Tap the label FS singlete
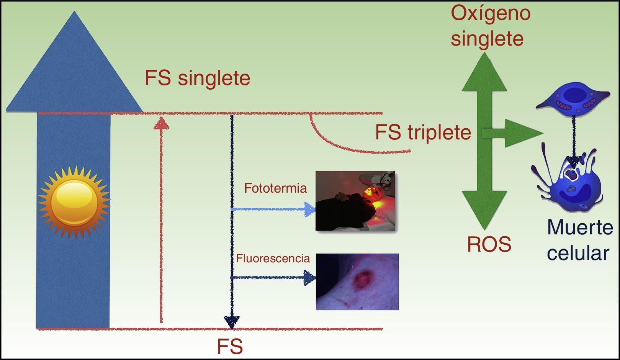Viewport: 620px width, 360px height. point(197,78)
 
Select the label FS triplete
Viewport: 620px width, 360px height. point(423,133)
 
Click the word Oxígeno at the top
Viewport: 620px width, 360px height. point(491,13)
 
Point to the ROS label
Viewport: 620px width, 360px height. point(489,244)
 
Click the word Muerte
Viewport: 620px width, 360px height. point(580,227)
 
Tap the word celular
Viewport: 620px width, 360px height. point(578,253)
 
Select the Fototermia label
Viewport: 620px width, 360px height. point(275,188)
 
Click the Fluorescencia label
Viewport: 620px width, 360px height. point(273,258)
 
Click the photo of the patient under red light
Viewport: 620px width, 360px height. point(355,201)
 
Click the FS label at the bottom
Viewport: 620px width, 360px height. point(230,347)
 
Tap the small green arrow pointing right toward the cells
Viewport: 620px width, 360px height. point(517,133)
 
